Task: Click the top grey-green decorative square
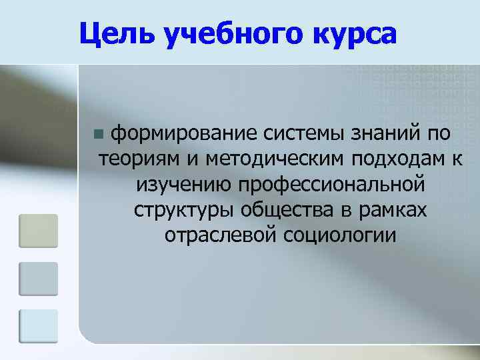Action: (38, 230)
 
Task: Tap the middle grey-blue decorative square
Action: (38, 278)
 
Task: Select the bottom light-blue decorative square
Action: (38, 326)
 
